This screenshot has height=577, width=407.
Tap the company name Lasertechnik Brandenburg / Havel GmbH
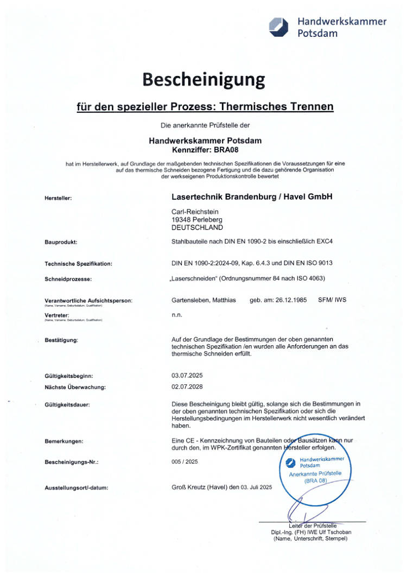click(x=251, y=196)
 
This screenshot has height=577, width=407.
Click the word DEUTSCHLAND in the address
click(x=197, y=227)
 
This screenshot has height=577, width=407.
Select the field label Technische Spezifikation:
click(x=78, y=264)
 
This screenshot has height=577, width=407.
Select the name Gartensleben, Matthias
click(x=203, y=300)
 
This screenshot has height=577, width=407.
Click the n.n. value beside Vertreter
click(x=176, y=314)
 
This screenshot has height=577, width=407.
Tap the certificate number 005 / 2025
click(x=185, y=462)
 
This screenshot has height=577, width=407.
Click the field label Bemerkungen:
click(x=63, y=442)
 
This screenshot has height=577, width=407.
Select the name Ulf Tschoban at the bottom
click(x=333, y=532)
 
